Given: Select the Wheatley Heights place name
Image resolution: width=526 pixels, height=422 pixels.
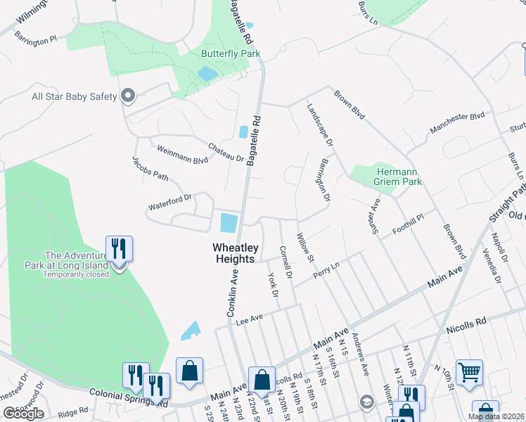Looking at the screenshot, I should (x=234, y=253).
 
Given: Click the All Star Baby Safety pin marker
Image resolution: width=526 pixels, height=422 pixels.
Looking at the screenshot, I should (x=127, y=96).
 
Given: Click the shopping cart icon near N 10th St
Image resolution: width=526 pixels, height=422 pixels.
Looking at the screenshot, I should (x=468, y=371).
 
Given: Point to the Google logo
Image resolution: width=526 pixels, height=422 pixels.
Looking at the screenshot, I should (x=23, y=414).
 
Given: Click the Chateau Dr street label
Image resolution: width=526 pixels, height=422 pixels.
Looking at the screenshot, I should (x=225, y=152).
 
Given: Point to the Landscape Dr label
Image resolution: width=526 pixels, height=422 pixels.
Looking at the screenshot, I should (x=320, y=125).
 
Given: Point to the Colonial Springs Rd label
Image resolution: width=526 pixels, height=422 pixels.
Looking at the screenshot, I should (x=127, y=397).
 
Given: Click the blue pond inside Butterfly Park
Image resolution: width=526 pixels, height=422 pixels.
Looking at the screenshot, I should (x=207, y=73).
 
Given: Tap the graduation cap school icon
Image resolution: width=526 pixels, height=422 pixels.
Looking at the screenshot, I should (x=366, y=402).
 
